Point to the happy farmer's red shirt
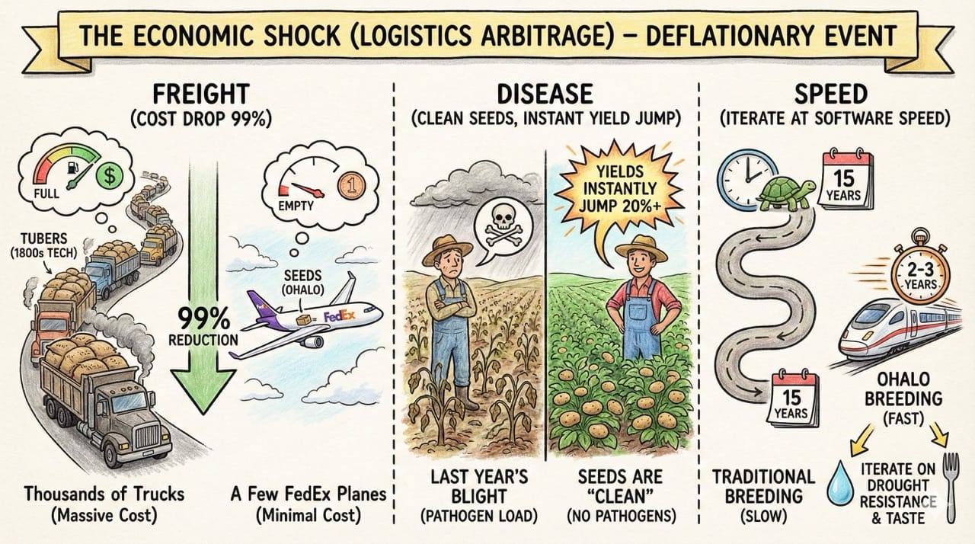coord(631,296)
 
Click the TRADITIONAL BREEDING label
coord(764,487)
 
